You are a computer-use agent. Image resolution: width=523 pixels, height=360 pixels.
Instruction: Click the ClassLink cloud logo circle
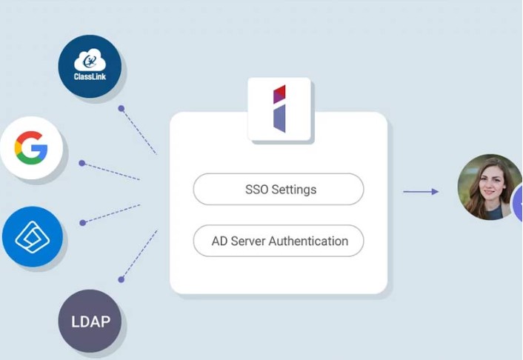coord(90,67)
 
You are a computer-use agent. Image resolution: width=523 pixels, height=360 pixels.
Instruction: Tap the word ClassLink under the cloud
coord(90,77)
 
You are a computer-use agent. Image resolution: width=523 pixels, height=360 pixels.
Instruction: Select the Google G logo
coord(31,148)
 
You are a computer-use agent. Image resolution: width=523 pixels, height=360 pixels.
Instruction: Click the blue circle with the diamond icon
coord(33,236)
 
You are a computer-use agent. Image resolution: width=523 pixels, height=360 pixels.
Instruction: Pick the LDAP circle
coord(90,321)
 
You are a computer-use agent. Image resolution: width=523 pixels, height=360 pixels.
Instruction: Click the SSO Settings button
coord(279,189)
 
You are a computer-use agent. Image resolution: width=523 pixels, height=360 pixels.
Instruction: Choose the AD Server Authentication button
coord(279,241)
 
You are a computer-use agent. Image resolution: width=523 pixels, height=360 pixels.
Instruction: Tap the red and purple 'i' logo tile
coord(279,109)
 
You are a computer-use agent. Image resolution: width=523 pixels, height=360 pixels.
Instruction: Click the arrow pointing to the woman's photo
coord(421,192)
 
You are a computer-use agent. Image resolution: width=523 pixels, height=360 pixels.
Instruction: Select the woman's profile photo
coord(490,187)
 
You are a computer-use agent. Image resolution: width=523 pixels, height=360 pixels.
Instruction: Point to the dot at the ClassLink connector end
coord(121,108)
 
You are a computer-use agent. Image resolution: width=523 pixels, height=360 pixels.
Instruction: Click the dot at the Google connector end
coord(82,163)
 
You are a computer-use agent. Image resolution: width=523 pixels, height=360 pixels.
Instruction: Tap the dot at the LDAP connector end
coord(121,279)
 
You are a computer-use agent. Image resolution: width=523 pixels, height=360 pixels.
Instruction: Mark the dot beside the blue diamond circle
coord(83,223)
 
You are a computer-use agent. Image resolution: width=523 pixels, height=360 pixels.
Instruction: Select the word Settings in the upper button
coord(294,190)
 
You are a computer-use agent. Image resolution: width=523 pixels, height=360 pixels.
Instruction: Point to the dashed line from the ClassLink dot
coord(139,131)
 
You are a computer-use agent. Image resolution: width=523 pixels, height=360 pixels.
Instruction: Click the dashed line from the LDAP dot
coord(139,255)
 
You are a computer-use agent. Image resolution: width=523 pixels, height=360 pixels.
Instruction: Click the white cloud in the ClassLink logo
coord(90,61)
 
